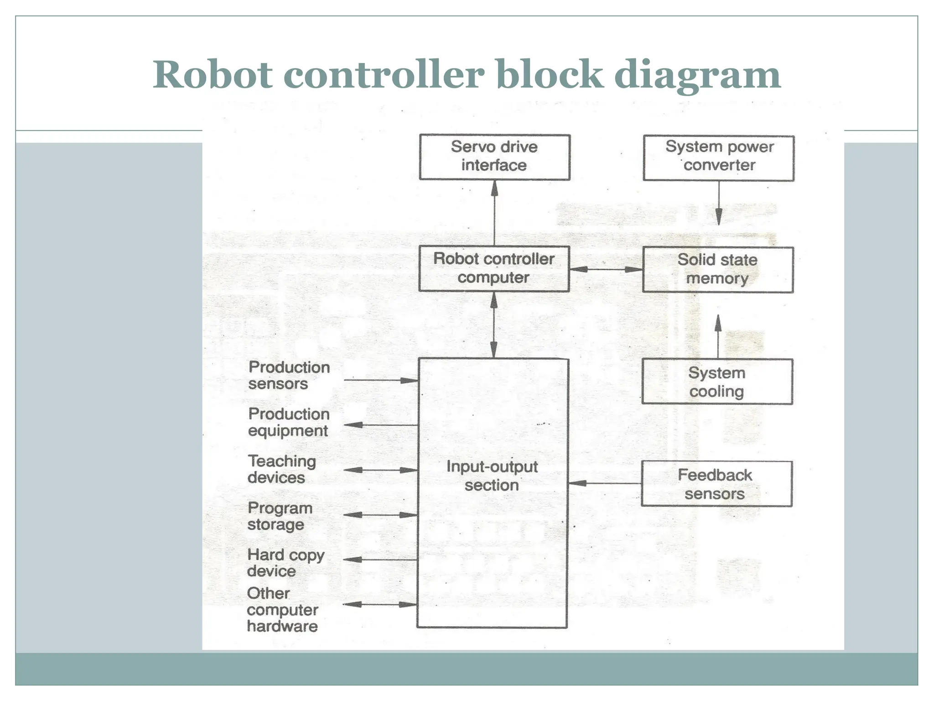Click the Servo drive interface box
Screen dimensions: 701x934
tap(494, 157)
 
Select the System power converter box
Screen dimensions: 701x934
tap(718, 157)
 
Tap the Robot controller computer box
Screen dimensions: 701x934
tap(494, 268)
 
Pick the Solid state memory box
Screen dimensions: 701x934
tap(717, 269)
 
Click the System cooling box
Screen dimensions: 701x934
tap(717, 382)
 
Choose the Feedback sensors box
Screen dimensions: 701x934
tap(716, 484)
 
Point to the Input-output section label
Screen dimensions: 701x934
tap(492, 476)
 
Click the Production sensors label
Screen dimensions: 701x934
tap(288, 375)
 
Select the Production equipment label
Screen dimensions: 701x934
tap(288, 422)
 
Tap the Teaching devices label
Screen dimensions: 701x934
tap(281, 469)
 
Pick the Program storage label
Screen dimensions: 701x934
tap(280, 516)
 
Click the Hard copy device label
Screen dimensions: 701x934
tap(285, 563)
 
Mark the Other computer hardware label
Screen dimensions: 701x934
tap(282, 610)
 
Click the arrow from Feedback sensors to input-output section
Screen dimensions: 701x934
tap(605, 483)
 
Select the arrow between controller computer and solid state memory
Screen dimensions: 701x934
tap(606, 269)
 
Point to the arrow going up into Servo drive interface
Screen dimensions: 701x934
tap(494, 213)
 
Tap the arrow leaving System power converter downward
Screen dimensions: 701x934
tap(719, 203)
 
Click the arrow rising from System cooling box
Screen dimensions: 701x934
tap(718, 336)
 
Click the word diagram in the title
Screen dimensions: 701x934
tap(697, 75)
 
